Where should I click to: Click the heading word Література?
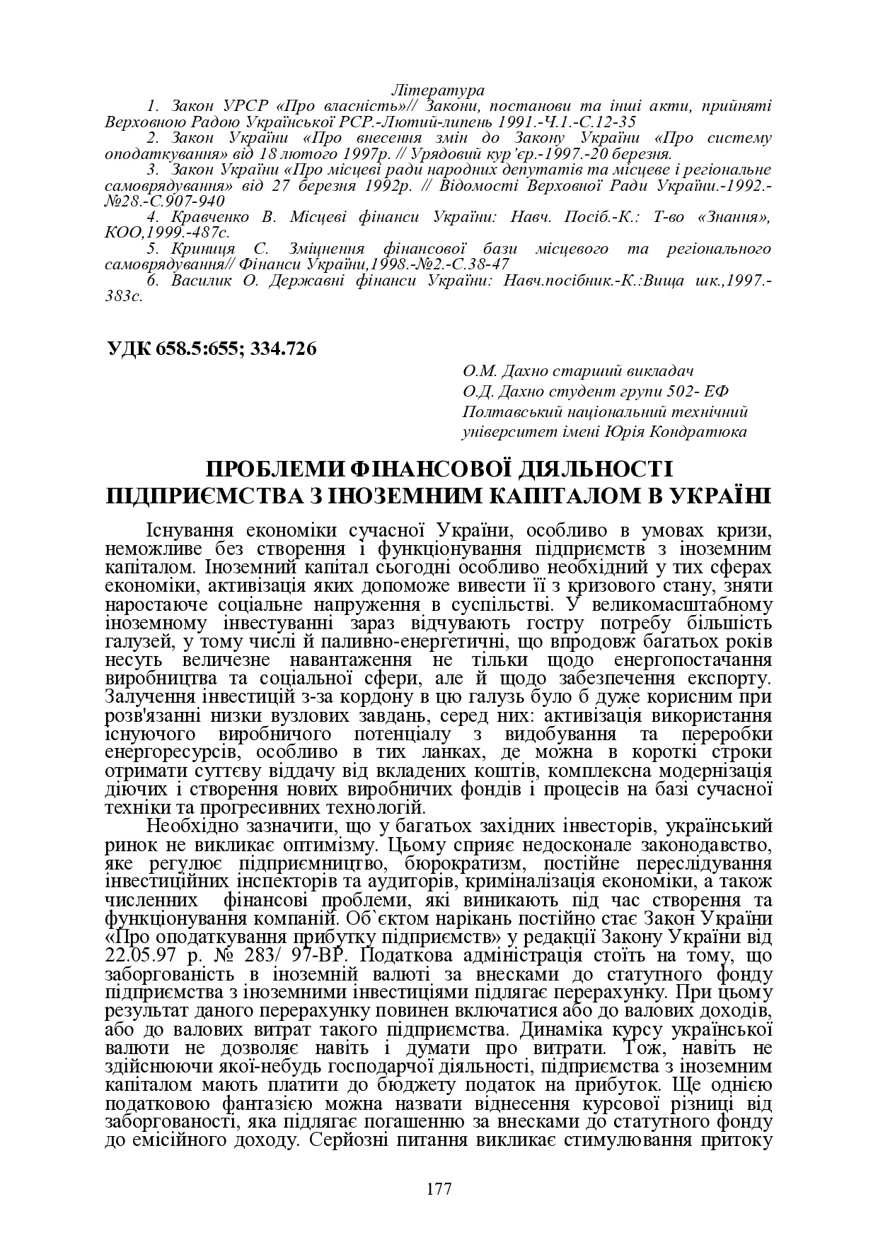(x=437, y=90)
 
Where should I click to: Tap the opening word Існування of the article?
(x=185, y=531)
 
